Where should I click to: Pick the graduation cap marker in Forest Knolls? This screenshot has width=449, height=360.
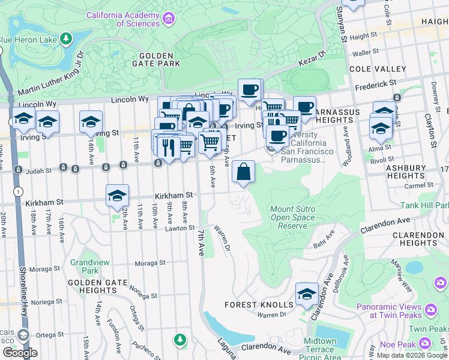coord(307,295)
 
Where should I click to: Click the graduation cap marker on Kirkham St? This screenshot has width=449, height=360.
coord(118,196)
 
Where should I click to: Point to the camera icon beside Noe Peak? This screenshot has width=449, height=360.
coord(426,343)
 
